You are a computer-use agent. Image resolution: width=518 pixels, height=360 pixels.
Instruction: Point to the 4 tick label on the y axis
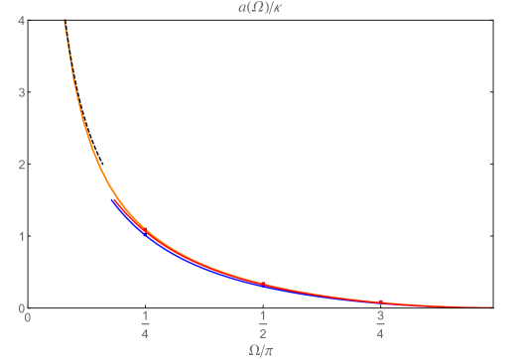[21, 21]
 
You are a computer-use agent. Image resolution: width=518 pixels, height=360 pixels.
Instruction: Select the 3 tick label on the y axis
[21, 92]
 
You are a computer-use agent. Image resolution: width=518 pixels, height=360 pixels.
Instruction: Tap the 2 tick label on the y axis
[21, 165]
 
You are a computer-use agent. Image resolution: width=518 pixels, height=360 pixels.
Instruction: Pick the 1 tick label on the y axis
[21, 236]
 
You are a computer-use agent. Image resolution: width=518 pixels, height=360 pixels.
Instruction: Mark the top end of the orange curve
[64, 21]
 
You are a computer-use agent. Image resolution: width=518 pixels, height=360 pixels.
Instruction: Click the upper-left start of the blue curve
[113, 200]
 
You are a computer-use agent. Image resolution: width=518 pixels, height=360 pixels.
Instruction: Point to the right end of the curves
[492, 306]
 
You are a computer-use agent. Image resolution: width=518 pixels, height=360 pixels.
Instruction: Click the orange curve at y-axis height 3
[71, 92]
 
